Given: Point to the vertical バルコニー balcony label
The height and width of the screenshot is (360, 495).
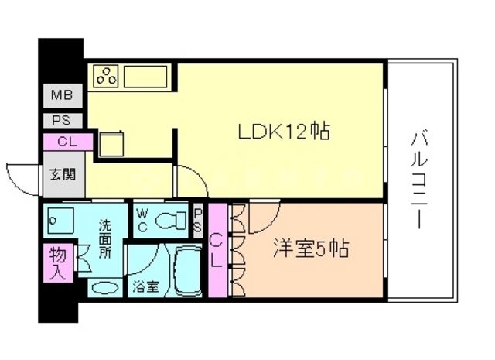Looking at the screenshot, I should [419, 180].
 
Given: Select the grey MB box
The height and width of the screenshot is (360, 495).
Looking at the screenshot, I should [60, 96].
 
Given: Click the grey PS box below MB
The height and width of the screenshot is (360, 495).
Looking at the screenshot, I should [60, 120].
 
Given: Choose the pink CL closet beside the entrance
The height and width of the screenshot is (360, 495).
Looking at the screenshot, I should [65, 142].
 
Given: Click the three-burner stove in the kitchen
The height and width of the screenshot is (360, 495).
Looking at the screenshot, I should [107, 77].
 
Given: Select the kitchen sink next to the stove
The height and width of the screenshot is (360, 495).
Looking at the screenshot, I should [145, 77].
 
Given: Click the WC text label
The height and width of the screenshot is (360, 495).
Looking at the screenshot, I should [143, 218].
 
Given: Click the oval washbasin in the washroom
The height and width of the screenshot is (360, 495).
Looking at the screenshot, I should [104, 288].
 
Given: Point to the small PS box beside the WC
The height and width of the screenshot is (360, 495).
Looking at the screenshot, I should [198, 220].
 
